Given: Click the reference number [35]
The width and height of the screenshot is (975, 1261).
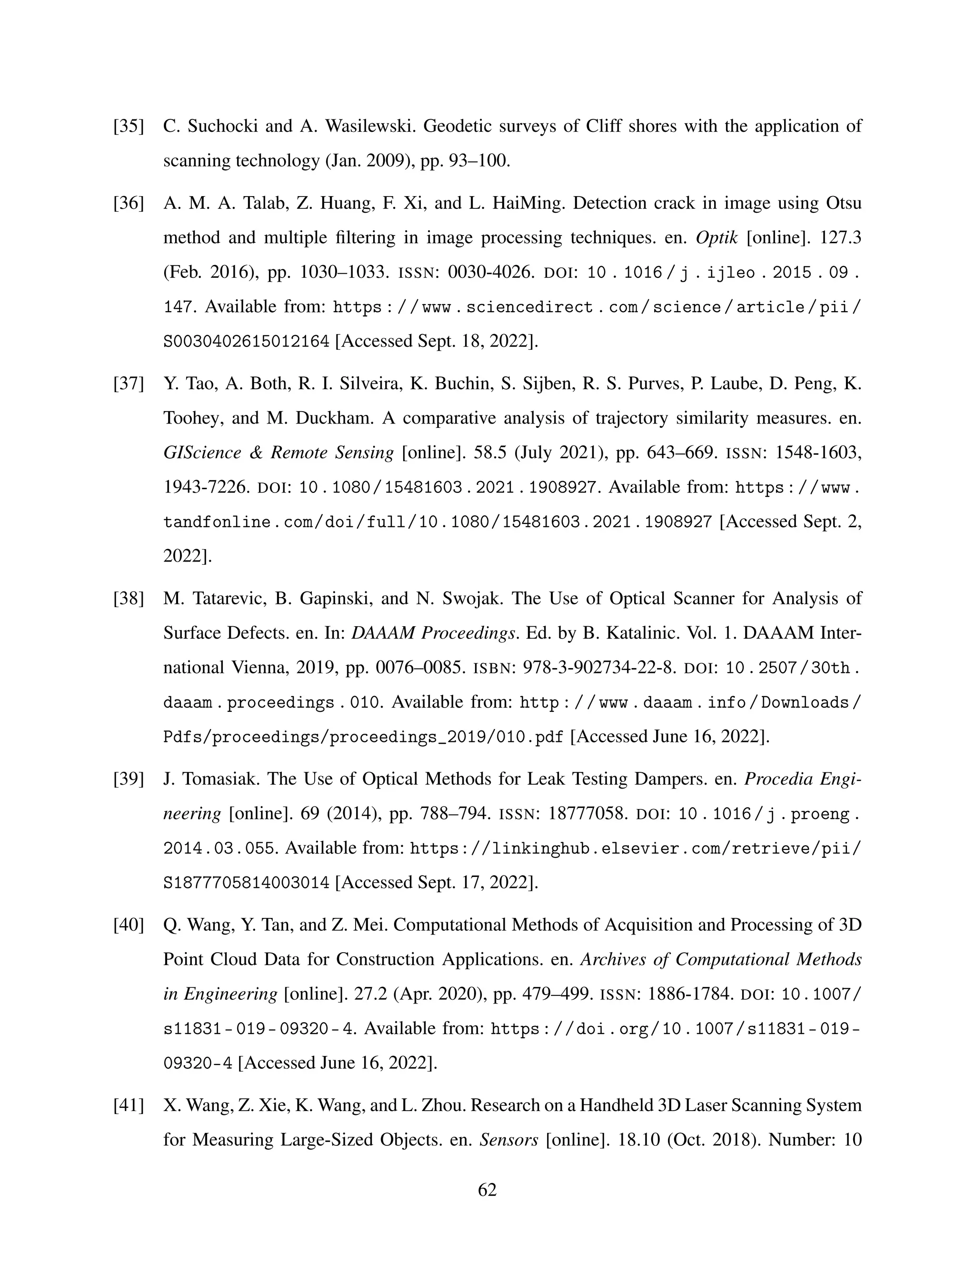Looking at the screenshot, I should [128, 126].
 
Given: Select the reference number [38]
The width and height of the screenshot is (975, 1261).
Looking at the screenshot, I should [128, 598].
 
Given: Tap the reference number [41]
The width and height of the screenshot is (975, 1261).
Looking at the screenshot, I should [128, 1105].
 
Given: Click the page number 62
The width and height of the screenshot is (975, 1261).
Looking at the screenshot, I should [487, 1190].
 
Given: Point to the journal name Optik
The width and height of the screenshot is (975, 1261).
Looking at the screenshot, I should [716, 238].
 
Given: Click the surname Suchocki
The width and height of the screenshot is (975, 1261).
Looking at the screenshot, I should [222, 126].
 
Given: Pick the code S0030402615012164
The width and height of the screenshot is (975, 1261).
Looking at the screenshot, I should [247, 342].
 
